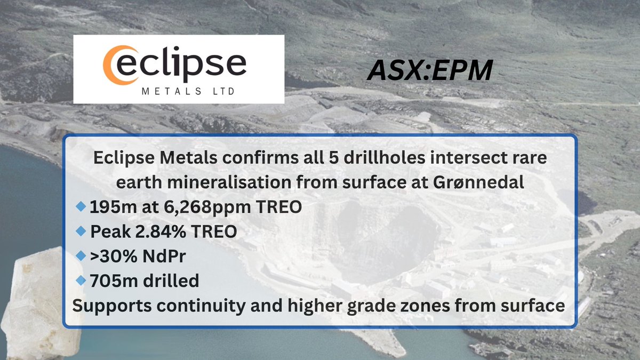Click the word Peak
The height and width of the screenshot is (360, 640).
[107, 233]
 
